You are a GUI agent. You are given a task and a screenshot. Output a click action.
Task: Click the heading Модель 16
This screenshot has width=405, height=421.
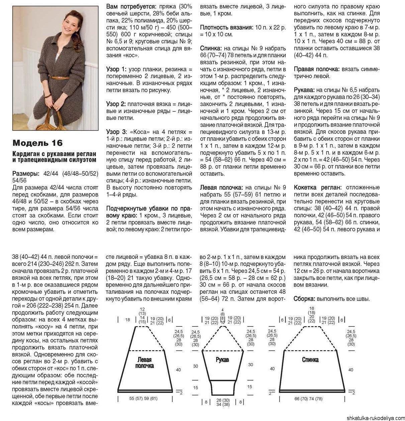37,143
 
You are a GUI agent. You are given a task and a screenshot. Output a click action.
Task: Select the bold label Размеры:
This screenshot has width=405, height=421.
26,173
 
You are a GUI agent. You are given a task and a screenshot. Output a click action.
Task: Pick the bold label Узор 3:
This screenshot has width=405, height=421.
116,132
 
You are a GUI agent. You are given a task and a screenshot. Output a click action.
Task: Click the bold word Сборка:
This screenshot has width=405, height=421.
304,299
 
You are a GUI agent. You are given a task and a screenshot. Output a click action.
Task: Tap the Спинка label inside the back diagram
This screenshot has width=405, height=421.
310,360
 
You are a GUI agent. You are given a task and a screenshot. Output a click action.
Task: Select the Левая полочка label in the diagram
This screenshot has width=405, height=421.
144,363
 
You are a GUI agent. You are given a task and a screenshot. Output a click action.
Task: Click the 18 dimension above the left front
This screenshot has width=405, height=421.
127,320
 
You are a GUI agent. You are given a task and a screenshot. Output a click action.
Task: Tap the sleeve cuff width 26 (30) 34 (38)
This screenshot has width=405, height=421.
223,402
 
